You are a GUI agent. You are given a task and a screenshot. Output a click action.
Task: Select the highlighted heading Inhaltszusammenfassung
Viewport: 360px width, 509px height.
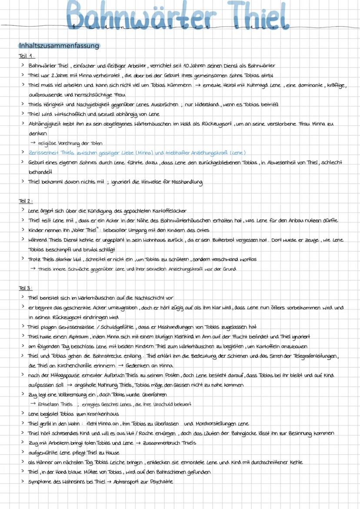click(x=59, y=46)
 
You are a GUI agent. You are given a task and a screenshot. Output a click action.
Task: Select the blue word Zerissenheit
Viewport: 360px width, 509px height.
click(x=44, y=153)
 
